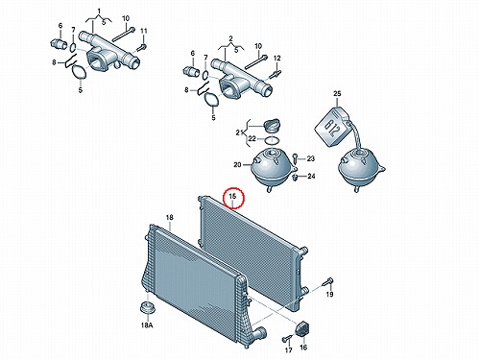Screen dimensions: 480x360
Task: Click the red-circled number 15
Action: tap(232, 196)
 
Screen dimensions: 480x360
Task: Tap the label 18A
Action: tap(147, 325)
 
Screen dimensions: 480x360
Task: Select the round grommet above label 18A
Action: tap(148, 308)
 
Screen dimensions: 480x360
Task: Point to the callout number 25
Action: tap(337, 93)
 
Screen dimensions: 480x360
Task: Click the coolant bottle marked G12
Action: tap(333, 128)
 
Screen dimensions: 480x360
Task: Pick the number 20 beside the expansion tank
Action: tap(237, 165)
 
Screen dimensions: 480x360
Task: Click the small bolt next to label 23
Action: tap(295, 158)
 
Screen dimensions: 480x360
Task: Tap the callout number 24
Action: tap(311, 176)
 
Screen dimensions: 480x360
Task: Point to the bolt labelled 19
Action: tap(328, 282)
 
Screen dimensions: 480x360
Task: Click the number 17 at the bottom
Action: tap(288, 350)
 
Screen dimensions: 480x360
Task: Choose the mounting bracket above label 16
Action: tap(301, 329)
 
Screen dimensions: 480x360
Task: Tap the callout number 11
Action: tap(144, 31)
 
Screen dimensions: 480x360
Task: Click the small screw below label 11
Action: tap(141, 48)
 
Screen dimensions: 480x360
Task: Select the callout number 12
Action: tap(277, 59)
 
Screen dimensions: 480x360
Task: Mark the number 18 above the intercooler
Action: tap(170, 218)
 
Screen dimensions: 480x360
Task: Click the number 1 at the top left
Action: tap(99, 12)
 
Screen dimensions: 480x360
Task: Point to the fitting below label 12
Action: tap(276, 74)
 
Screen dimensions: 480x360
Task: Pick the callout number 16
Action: tap(303, 347)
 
